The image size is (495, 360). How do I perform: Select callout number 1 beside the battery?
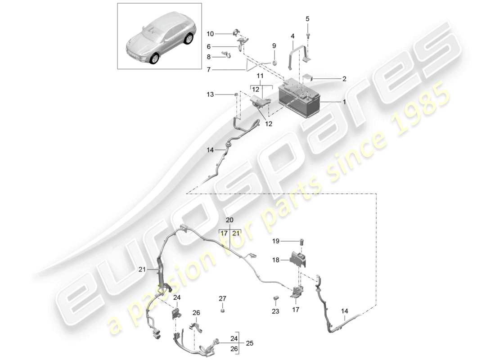(344, 102)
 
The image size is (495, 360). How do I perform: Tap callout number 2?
(344, 79)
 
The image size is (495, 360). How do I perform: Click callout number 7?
(208, 70)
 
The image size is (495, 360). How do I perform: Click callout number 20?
(230, 220)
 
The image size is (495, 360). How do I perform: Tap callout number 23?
(276, 311)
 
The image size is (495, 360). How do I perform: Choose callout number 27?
(223, 298)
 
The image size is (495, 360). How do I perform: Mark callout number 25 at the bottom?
(250, 343)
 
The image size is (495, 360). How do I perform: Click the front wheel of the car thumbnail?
(154, 58)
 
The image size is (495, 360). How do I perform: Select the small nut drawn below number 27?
(223, 310)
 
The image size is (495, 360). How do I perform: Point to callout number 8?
(208, 57)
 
